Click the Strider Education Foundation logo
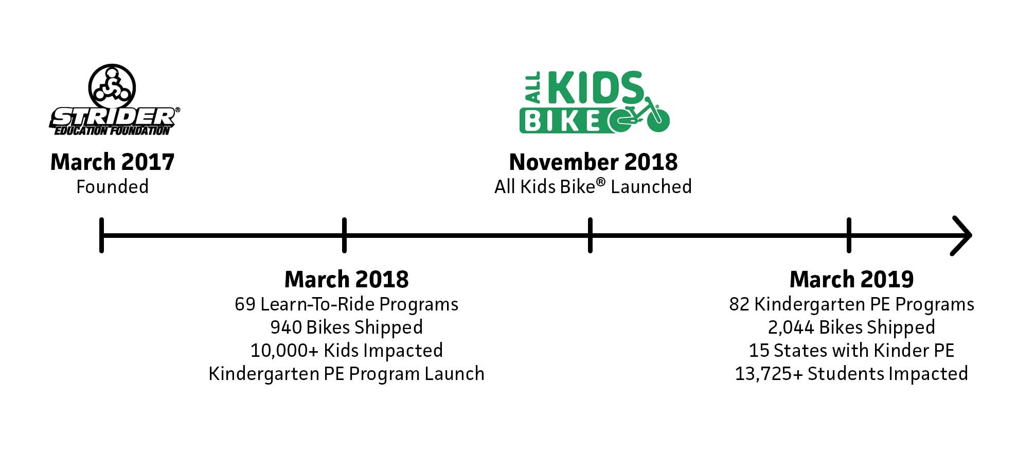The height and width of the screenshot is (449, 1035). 114,100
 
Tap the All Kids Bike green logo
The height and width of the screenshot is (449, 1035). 595,102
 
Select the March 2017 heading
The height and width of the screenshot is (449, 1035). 113,162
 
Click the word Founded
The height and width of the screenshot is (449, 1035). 113,186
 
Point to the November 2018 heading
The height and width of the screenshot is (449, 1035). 593,162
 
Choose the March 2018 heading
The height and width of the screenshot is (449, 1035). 346,279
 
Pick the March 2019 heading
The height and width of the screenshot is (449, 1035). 851,279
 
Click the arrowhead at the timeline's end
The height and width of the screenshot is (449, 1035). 961,235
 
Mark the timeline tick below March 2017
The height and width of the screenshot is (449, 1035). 102,235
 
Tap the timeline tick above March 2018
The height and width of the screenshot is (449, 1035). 344,235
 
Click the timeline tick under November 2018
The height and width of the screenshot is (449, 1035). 590,235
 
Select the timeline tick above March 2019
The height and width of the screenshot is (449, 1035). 849,235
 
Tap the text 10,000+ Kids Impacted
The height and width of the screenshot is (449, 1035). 346,351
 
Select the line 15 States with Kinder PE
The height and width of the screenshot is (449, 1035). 851,351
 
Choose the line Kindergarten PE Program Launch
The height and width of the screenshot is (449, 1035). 346,374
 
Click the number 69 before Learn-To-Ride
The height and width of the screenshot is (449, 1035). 245,304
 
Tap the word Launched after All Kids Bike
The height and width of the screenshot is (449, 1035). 651,186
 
